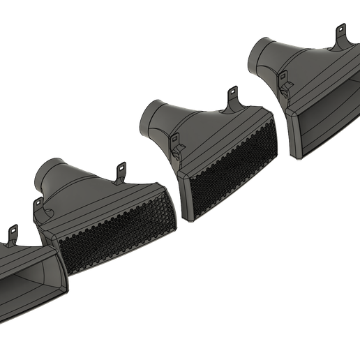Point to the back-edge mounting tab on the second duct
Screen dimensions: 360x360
pyautogui.click(x=120, y=171)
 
